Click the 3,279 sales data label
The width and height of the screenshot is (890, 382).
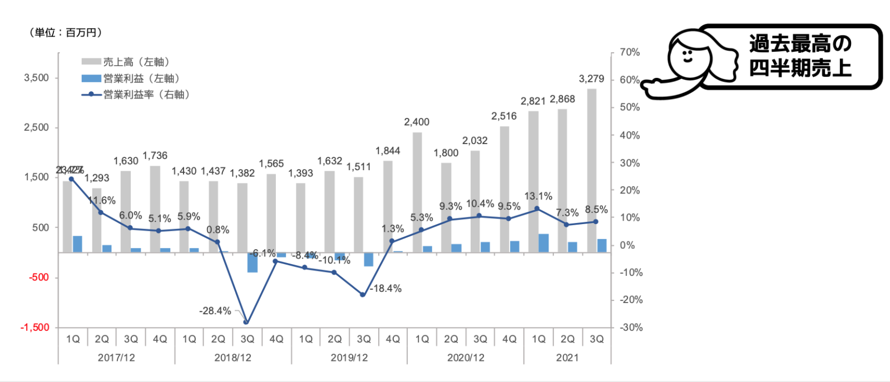(x=591, y=79)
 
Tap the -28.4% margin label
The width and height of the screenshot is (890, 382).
(x=215, y=311)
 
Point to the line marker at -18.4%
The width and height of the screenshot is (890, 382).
(x=363, y=295)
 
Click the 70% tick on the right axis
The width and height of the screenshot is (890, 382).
(x=630, y=52)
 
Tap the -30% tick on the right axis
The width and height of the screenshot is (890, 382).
(x=631, y=328)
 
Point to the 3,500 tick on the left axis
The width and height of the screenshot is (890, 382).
(x=36, y=78)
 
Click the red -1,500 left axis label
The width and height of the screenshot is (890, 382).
(x=34, y=328)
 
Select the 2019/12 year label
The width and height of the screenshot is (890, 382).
(x=349, y=358)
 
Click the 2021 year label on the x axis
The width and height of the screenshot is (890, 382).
(x=567, y=358)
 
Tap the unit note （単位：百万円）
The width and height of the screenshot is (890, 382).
(x=66, y=33)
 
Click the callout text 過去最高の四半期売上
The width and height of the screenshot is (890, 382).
(x=800, y=56)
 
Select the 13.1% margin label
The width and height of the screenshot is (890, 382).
(x=538, y=196)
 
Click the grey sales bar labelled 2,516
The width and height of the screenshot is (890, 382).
(x=505, y=189)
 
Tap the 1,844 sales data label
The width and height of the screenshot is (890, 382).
(x=388, y=151)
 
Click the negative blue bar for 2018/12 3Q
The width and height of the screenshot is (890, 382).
(x=253, y=262)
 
